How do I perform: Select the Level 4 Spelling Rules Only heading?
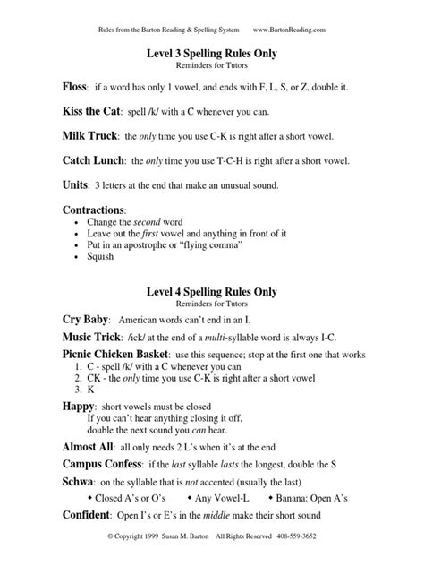coord(211,291)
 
